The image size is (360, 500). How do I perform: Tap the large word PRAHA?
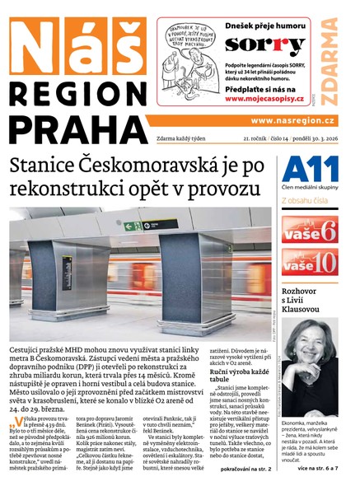pos(69,131)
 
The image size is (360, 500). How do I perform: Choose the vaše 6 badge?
pos(309,228)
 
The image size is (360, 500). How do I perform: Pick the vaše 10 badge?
pos(309,262)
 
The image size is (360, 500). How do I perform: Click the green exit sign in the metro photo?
pos(133,225)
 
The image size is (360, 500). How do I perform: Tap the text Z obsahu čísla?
pos(306,200)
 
